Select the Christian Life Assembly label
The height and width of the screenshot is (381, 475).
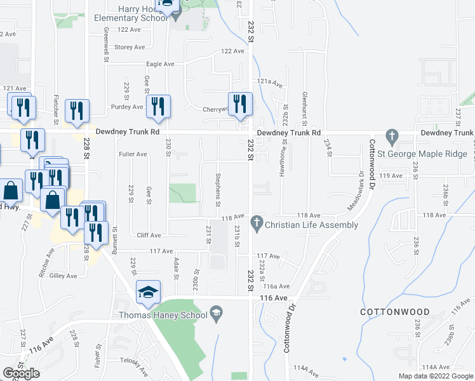(311, 225)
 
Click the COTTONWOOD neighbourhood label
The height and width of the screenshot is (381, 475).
(394, 312)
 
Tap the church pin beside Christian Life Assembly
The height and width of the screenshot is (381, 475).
(257, 222)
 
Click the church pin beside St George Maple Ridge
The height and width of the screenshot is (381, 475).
(392, 135)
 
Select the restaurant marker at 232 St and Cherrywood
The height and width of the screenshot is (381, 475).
(240, 105)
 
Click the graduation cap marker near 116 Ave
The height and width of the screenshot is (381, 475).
(149, 292)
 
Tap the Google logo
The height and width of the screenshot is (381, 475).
(21, 373)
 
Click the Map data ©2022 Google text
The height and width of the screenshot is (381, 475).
(436, 376)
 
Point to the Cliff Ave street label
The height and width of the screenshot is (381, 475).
(149, 235)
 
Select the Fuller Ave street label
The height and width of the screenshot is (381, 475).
(133, 154)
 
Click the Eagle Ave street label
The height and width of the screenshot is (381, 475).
(160, 64)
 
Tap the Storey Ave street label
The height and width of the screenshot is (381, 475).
(130, 47)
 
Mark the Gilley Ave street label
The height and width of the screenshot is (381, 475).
(64, 276)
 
